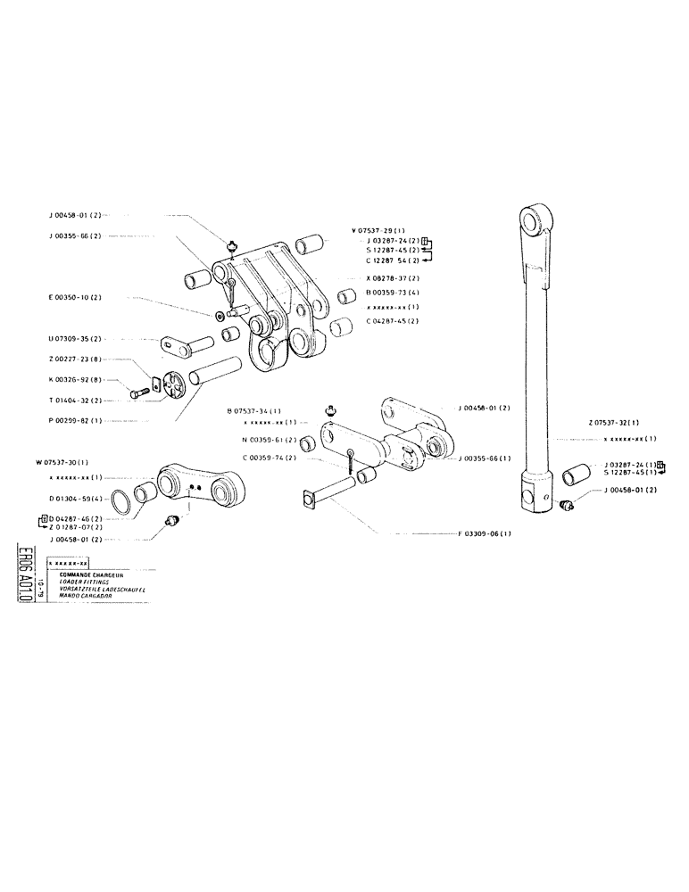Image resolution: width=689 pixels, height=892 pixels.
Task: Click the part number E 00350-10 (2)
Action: click(76, 297)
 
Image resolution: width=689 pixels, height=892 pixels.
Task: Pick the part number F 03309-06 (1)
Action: click(485, 533)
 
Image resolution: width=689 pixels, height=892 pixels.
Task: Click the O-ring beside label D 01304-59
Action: click(126, 503)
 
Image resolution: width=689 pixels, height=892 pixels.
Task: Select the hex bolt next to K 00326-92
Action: click(139, 392)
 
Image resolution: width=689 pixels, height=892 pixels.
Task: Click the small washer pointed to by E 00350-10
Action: click(220, 315)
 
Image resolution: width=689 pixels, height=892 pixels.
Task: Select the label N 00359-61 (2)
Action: click(268, 440)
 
